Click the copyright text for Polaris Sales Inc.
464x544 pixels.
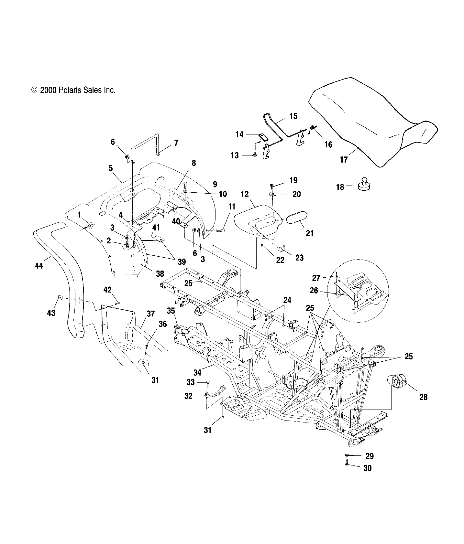pos(73,90)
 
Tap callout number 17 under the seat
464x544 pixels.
pos(344,159)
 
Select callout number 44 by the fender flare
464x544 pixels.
pos(39,266)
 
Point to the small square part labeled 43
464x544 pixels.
pos(60,297)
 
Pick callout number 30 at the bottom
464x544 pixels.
pos(368,468)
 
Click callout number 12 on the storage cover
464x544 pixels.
pos(245,194)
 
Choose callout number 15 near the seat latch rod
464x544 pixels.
pos(293,116)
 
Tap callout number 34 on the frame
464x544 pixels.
pos(197,373)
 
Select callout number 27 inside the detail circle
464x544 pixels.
pos(316,278)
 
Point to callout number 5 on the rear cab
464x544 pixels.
pos(111,168)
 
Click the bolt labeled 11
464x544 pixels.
pos(221,230)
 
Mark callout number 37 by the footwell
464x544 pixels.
pos(150,314)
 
